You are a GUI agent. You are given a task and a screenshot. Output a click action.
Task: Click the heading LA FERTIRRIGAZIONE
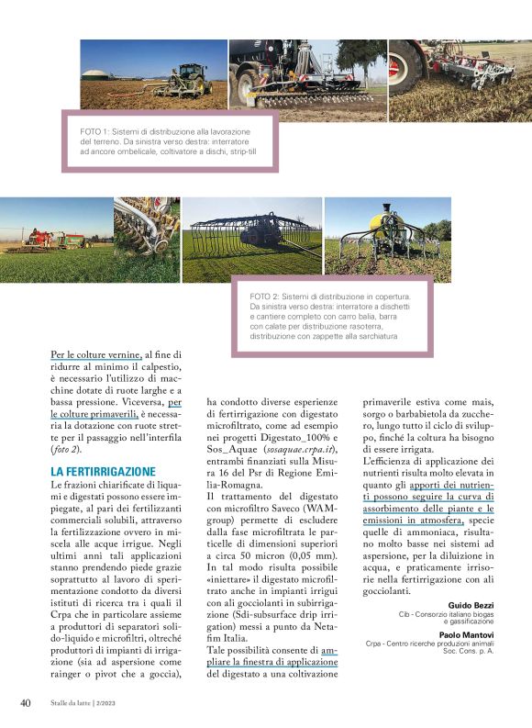point(102,470)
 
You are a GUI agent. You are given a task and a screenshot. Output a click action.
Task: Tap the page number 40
point(27,702)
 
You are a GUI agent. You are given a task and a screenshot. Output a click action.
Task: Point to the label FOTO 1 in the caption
point(98,132)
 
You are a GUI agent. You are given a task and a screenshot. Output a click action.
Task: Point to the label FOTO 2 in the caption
point(267,297)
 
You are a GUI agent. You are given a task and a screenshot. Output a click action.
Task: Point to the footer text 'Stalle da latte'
point(78,703)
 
